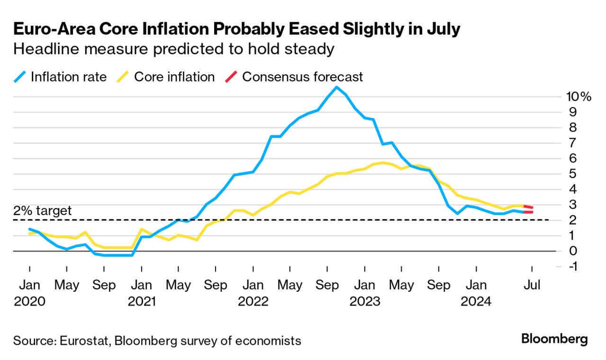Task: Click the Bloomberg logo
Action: click(x=554, y=339)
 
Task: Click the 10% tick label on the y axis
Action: click(x=578, y=97)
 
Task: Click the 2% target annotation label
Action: click(x=43, y=210)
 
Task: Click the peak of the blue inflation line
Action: click(x=336, y=87)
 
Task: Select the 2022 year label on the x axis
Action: click(x=253, y=301)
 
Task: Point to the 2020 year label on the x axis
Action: click(x=29, y=301)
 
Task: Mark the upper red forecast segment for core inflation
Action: click(x=528, y=207)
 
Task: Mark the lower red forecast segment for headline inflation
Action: click(x=528, y=212)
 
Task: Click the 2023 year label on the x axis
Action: click(x=364, y=301)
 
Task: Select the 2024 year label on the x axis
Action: click(x=476, y=301)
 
